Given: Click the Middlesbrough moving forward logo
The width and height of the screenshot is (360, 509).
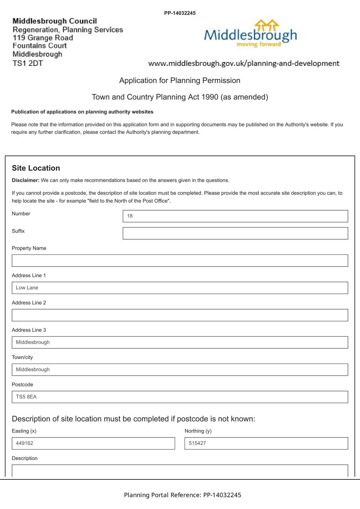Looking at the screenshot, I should click(250, 34).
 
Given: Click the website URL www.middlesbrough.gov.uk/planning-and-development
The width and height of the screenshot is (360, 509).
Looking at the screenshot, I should click(244, 63).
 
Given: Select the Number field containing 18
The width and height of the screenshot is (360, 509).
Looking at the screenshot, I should click(235, 216).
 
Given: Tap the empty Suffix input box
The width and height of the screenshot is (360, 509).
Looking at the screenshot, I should click(235, 233).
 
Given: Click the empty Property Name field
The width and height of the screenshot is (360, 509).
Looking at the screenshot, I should click(180, 261).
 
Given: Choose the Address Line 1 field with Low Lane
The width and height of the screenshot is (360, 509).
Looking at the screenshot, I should click(180, 288).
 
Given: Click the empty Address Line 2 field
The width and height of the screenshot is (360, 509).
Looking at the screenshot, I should click(180, 315).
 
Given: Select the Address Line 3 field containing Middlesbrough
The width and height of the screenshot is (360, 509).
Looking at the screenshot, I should click(180, 342).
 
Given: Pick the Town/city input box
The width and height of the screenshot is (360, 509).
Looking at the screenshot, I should click(180, 370).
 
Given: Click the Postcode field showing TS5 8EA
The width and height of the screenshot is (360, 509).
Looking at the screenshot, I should click(180, 397).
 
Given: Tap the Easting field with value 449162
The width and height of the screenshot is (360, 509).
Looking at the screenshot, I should click(93, 443).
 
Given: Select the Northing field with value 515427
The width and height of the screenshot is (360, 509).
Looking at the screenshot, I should click(266, 443).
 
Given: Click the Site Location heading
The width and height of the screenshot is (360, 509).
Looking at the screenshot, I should click(36, 168).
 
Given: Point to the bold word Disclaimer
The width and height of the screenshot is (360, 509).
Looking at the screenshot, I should click(25, 180).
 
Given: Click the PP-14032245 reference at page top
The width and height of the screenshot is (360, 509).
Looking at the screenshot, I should click(180, 13).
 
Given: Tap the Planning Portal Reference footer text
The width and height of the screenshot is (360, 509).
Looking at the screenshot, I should click(182, 495).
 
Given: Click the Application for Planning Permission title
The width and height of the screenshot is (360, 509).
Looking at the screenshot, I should click(180, 80).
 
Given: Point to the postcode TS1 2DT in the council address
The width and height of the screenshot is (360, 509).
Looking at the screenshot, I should click(28, 63).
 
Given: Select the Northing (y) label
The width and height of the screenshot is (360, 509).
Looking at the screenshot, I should click(198, 431).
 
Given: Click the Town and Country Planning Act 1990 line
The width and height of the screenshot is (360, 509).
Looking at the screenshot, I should click(180, 97).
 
